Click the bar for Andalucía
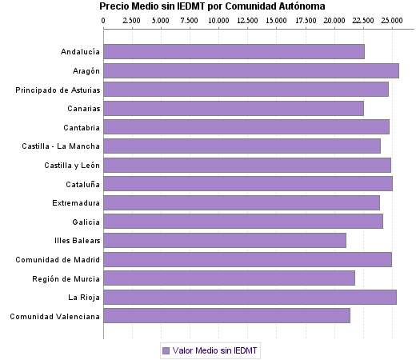click(x=234, y=52)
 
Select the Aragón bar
click(x=250, y=70)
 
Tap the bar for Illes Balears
click(x=225, y=240)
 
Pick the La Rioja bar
click(x=250, y=298)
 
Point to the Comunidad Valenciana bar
click(x=226, y=316)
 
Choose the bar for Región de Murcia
click(x=229, y=278)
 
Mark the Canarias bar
click(x=234, y=108)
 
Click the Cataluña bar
click(x=248, y=183)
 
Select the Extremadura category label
click(x=76, y=202)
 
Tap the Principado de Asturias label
click(x=58, y=90)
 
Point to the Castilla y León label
click(x=72, y=165)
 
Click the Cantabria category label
click(x=82, y=127)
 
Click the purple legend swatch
click(x=166, y=350)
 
